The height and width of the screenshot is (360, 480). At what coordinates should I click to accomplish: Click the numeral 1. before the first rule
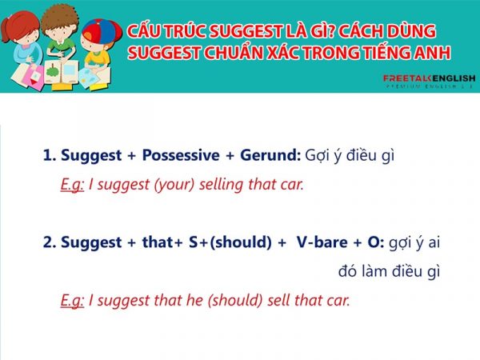coord(50,154)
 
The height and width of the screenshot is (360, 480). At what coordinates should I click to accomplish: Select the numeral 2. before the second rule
coord(50,242)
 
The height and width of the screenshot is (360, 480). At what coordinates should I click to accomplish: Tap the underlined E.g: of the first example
coord(72,184)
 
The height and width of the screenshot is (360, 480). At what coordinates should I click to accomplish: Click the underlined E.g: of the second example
coord(72,301)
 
